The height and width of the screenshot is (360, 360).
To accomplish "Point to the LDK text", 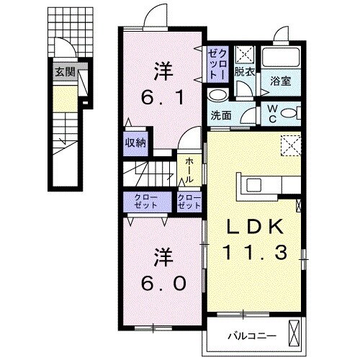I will [254, 228].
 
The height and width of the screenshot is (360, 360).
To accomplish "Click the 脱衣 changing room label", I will [245, 72].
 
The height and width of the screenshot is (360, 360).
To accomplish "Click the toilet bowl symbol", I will [288, 112].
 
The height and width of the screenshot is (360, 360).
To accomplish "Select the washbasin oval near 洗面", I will [217, 95].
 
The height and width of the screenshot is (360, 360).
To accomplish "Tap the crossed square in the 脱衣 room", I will [246, 55].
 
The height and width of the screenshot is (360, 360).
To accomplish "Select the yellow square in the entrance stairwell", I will [65, 96].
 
